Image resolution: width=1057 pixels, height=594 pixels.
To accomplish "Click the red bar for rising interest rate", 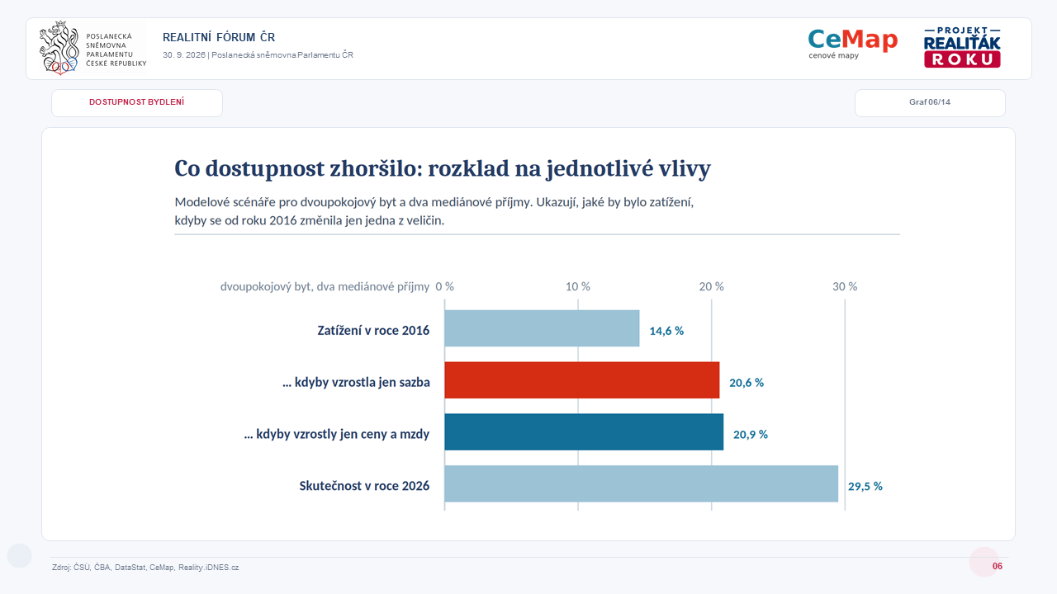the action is coord(582,380).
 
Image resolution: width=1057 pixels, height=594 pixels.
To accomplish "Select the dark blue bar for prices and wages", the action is coord(584,431).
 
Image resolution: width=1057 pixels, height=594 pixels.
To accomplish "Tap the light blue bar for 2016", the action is coord(542,328).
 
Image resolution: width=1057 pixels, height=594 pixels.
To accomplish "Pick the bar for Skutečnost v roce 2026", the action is coord(642,483).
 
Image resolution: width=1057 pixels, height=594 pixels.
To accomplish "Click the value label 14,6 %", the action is coord(666,331).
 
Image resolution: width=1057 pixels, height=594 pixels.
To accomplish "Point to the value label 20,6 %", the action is coord(747,383).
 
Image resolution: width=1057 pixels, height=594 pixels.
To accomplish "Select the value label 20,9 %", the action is coord(751,435).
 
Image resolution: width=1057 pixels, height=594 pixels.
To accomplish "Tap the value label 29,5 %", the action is coord(865,487).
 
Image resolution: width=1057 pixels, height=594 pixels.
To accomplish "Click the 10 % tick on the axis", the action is coord(578,286).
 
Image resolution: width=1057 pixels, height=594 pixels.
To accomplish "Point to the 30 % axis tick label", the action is coord(845,286).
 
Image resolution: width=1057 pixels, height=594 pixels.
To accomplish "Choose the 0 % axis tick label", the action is coord(444,286).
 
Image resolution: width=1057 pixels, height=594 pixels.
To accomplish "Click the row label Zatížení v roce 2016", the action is coord(373,331).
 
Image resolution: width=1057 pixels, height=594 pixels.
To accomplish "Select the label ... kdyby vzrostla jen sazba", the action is coord(356,382).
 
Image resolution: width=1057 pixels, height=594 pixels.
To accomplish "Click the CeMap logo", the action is coord(853,44).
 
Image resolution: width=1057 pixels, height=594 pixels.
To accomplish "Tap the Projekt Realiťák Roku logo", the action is coord(962,47).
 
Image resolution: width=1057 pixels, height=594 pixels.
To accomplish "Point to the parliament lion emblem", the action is coord(59,48).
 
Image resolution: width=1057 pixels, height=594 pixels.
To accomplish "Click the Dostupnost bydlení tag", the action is coord(137,103).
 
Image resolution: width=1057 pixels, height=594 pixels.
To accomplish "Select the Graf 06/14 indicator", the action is coord(930,103).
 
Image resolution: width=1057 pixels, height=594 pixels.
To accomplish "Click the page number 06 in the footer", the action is coord(997,566).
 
